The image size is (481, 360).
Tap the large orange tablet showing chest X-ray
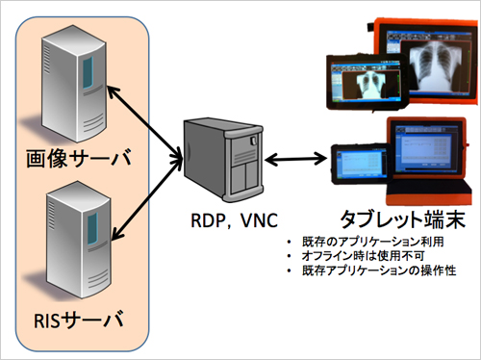pos(422,59)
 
